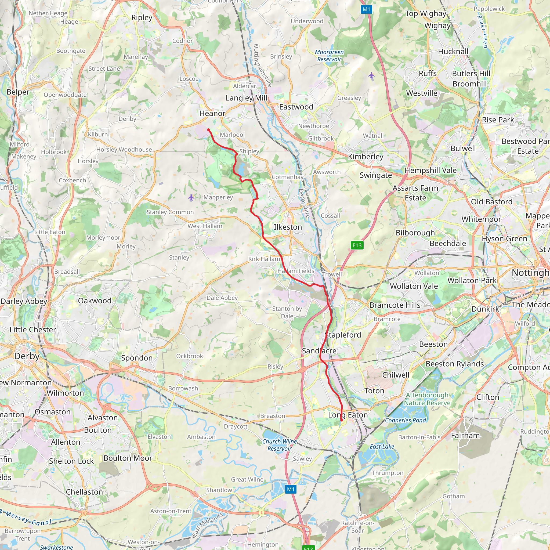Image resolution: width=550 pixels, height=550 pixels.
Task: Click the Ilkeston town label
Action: tap(288, 227)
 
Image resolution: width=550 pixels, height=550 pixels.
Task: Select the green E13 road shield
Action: tap(357, 245)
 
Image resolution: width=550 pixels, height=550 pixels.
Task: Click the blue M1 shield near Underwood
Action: tap(366, 9)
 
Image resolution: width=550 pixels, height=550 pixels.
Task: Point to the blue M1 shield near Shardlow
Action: tap(291, 489)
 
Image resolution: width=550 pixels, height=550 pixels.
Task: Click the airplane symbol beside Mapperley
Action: tap(191, 197)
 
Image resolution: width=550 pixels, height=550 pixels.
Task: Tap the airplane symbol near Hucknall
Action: tap(371, 75)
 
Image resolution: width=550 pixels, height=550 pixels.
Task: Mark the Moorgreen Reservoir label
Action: tap(329, 56)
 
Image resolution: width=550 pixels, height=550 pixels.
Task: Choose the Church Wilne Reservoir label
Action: tap(280, 445)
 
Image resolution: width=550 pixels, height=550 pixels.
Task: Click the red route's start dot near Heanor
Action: tap(208, 130)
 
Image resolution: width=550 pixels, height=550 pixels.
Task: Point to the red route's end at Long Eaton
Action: tap(341, 420)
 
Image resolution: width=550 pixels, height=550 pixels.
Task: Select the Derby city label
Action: tap(27, 356)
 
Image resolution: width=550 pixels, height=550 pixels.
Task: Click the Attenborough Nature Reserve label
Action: tap(427, 399)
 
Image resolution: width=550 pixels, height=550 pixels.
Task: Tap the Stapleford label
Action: tap(343, 335)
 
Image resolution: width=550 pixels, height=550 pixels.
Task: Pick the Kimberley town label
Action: tap(366, 157)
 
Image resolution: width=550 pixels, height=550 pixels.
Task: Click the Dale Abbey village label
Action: tap(222, 298)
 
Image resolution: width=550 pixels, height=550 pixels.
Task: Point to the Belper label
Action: tap(18, 92)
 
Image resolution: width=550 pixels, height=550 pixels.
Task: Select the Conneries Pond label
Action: tap(405, 420)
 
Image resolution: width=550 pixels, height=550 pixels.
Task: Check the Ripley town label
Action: tap(142, 18)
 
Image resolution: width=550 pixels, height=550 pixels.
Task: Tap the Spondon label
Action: tap(137, 358)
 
